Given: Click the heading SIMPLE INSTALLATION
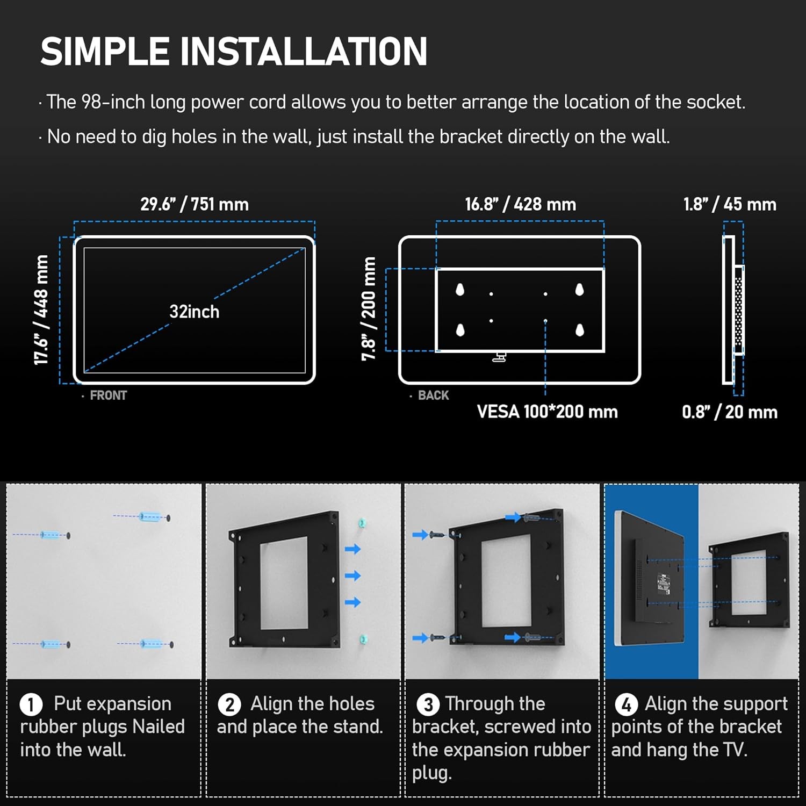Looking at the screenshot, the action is pos(234,52).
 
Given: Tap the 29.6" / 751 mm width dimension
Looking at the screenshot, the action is pos(195,204).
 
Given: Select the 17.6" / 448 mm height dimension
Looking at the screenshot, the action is pos(41,310).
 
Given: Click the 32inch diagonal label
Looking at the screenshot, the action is pos(195,312).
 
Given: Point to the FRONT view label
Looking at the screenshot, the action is pos(108,395).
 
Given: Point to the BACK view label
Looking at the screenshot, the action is pos(433,395).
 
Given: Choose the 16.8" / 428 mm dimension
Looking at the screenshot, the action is pos(520,204).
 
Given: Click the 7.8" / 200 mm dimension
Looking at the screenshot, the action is pos(369,309).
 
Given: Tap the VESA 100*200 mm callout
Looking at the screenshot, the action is pos(547,412).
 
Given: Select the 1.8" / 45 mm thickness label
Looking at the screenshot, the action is pos(730,204).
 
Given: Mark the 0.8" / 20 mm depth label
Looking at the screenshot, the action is pos(730,412).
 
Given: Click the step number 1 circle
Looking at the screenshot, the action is pos(31,704).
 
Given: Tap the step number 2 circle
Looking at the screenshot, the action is pos(229,704).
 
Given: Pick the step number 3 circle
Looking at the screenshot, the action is pos(428,704).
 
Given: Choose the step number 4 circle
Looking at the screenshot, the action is pos(627,704).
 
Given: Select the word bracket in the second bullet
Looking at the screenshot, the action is pos(471,137).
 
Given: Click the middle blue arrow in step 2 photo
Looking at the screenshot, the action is pos(352,575).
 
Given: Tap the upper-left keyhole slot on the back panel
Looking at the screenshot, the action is pos(460,290).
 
